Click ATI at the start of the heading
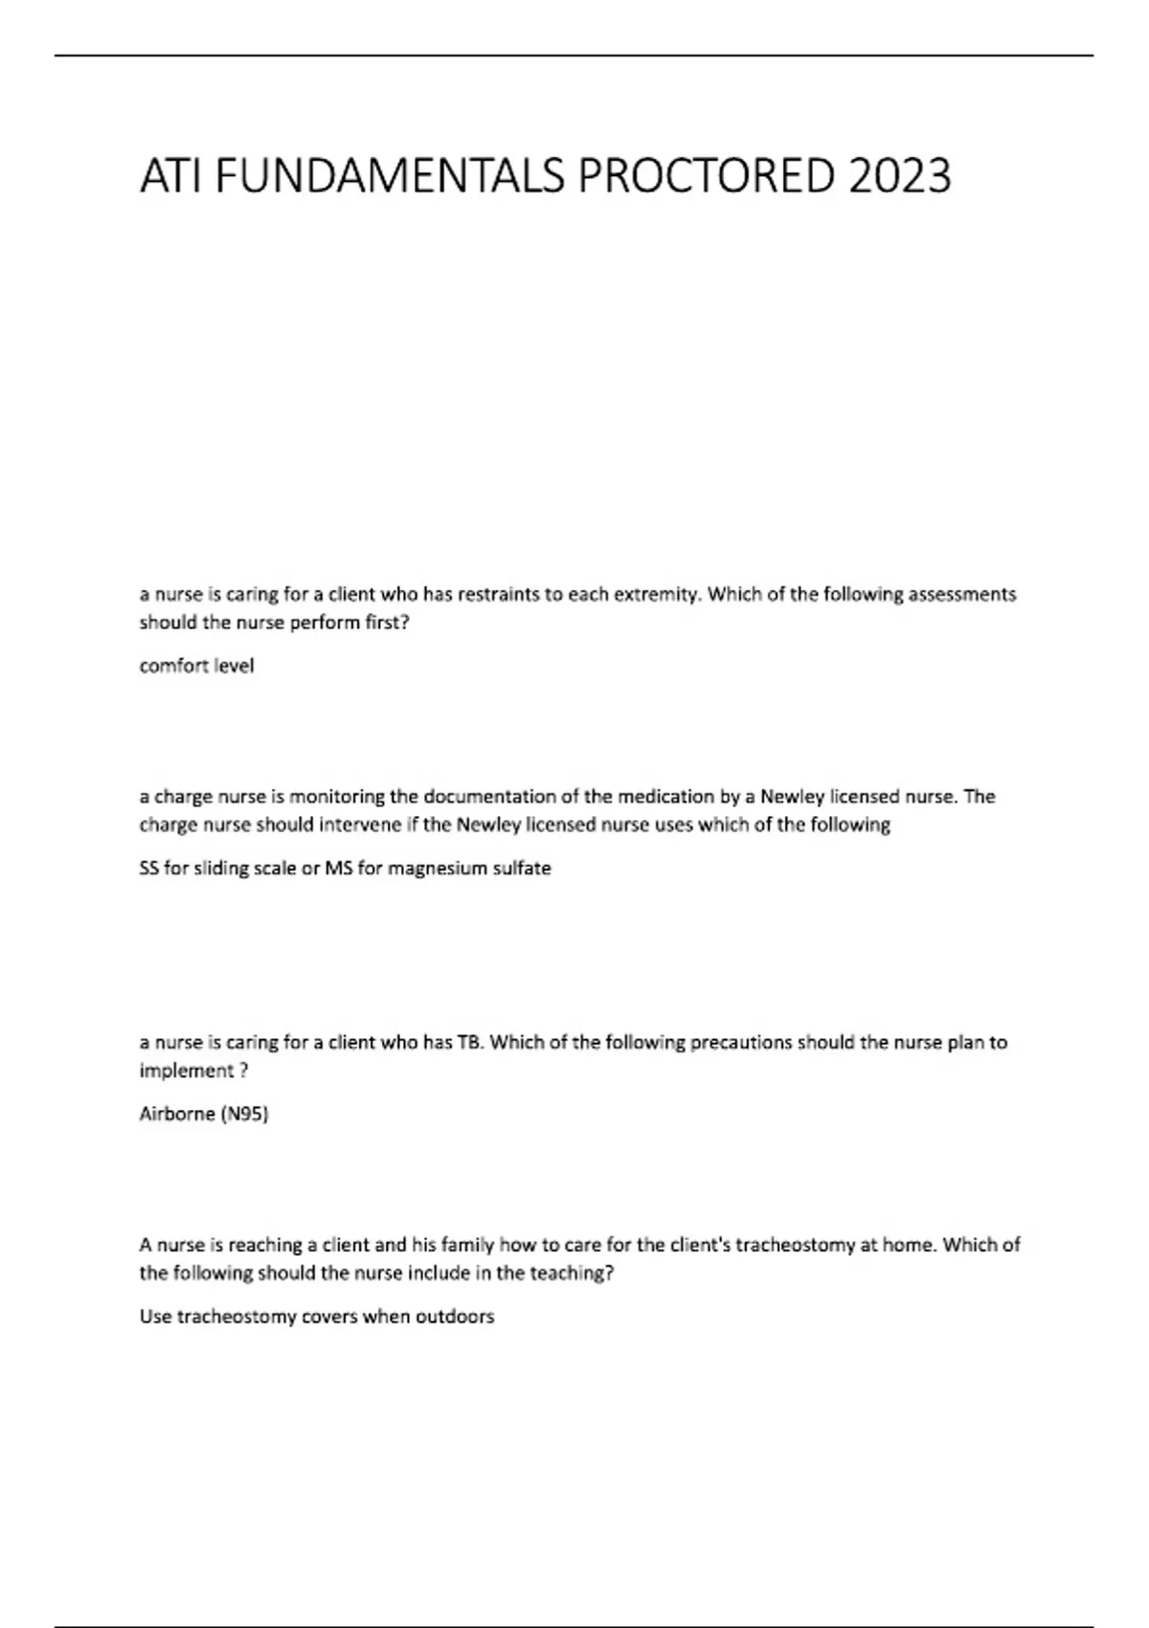[x=169, y=176]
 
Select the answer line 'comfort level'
[x=196, y=667]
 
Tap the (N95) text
[x=244, y=1115]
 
